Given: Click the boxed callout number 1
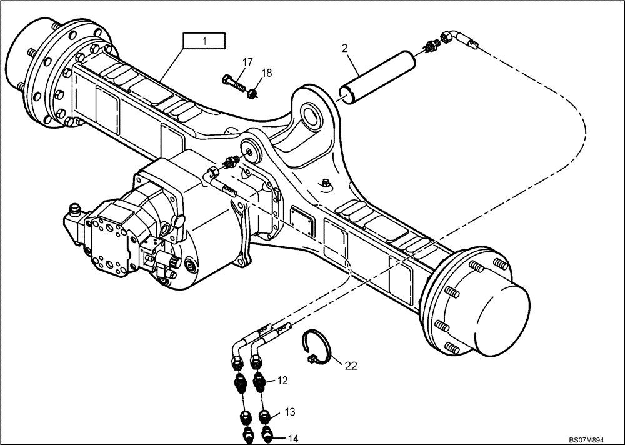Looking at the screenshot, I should tap(204, 41).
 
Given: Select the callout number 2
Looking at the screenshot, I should tap(344, 48).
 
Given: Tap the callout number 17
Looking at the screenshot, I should tap(247, 62).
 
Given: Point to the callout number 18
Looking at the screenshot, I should tap(266, 73).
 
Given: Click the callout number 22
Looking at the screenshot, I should tap(351, 366).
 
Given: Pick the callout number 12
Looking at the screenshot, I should tap(282, 379).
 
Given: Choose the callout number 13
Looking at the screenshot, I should tap(289, 412).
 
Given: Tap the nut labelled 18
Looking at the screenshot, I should tap(253, 94).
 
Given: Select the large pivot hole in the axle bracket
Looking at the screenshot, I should tap(311, 115).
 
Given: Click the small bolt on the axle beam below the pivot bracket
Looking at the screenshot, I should tap(326, 183).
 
